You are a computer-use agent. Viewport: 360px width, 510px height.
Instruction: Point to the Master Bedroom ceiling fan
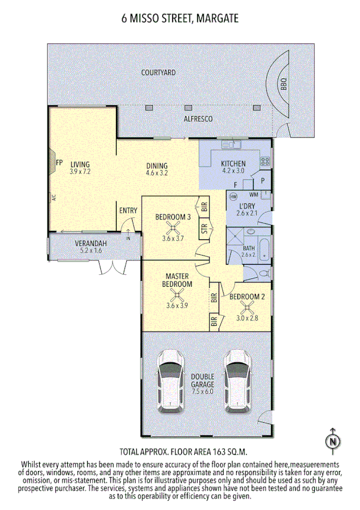point(177,295)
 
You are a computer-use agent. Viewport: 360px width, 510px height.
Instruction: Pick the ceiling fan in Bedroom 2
point(246,307)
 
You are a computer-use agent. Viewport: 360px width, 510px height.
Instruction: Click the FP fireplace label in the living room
point(59,162)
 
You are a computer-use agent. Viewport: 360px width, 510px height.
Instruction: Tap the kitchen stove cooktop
point(264,161)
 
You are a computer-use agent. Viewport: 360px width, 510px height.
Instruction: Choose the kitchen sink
point(230,145)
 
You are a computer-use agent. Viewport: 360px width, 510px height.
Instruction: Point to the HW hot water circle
point(234,196)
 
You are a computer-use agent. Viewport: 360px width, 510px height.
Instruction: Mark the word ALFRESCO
point(198,120)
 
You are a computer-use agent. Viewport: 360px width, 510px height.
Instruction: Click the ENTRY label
point(128,210)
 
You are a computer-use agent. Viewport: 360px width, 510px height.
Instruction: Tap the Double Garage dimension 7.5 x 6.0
point(203,392)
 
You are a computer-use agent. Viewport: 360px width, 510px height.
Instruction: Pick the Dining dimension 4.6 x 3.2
point(157,173)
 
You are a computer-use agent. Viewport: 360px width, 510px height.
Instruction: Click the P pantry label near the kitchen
point(263,180)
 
